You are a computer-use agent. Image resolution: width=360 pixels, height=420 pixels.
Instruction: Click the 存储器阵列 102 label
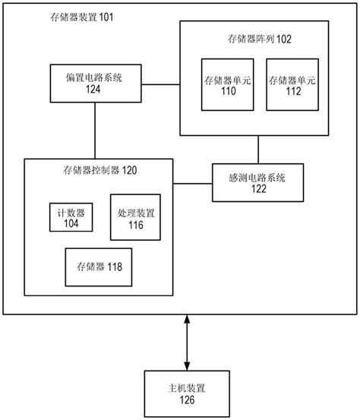259,38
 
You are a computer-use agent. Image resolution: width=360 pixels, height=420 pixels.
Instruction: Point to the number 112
293,92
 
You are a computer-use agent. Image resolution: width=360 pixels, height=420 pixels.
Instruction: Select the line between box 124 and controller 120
94,131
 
